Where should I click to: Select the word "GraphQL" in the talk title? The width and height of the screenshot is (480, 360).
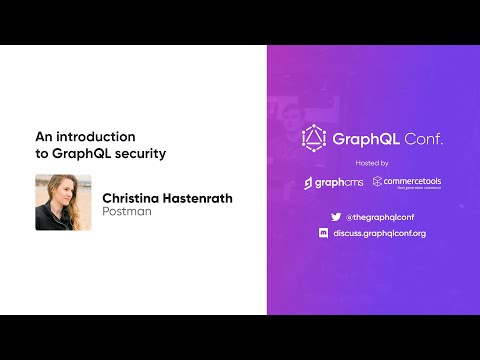pos(80,154)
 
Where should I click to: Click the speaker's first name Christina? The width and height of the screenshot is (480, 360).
pos(136,198)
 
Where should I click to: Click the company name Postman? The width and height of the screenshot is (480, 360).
pos(127,212)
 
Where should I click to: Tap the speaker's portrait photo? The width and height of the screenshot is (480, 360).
pos(63,203)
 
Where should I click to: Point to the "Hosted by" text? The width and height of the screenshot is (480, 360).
pos(372,163)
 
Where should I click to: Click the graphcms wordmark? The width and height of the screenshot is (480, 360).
pos(342,183)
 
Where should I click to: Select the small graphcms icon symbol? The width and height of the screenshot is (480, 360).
pos(309,183)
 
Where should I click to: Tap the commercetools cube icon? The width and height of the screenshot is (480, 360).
pos(378,182)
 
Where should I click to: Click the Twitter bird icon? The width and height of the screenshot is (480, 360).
pos(337,216)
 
